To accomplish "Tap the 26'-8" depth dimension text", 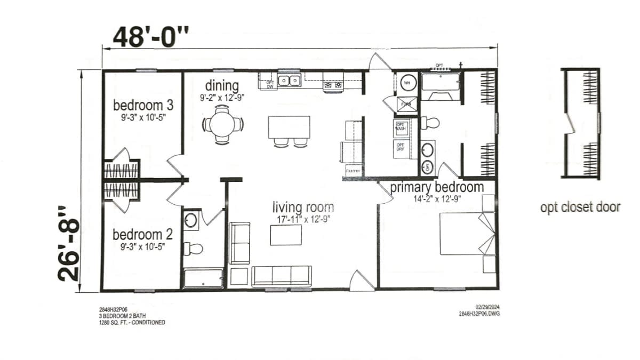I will point(69,243).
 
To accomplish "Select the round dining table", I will point(222,124).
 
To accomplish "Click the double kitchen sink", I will point(290,81).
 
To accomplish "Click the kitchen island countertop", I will point(289,127).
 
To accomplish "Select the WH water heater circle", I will point(406,83).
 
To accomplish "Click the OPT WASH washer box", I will point(400,128).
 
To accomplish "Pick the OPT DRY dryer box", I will point(400,147).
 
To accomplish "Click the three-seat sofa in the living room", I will point(281,275).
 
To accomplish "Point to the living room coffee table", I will point(285,235).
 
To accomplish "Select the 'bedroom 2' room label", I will point(137,234).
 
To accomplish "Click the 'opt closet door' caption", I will point(580,207).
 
